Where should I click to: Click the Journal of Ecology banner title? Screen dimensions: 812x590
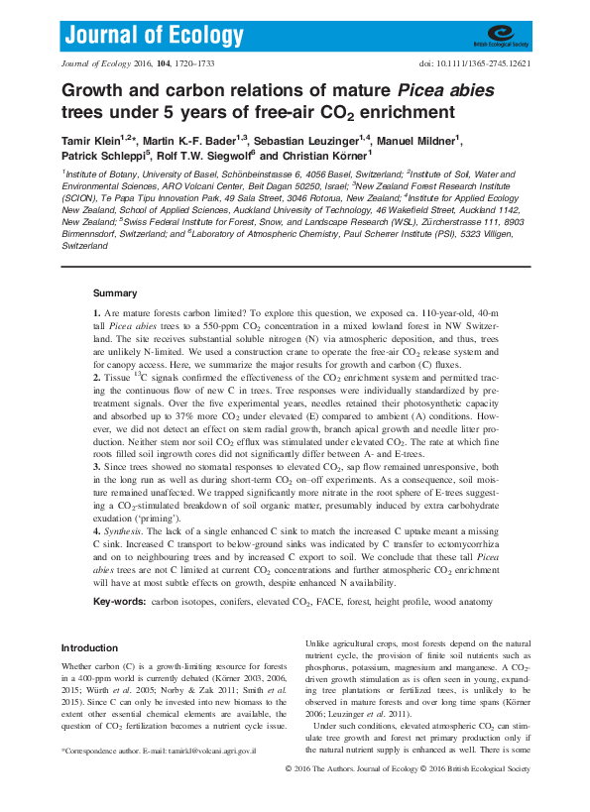(x=154, y=37)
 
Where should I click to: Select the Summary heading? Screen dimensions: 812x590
(x=115, y=293)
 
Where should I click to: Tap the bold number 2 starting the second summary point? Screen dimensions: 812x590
(x=96, y=378)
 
